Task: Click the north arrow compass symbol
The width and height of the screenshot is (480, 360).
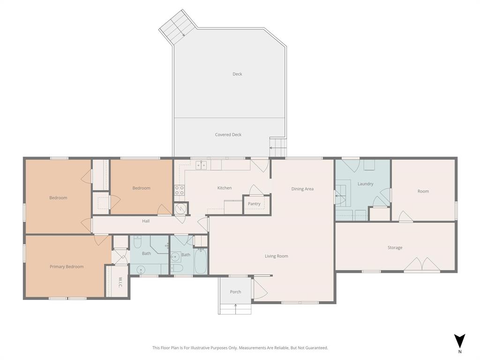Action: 460,341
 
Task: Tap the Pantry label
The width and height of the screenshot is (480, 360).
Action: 254,204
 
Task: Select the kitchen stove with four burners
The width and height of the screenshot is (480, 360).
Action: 180,190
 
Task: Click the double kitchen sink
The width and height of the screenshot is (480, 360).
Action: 201,165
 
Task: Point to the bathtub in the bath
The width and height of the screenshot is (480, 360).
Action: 201,262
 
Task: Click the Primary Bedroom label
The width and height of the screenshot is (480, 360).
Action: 67,267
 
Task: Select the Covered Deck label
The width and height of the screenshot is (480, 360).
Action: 228,135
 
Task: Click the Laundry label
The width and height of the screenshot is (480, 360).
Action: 365,184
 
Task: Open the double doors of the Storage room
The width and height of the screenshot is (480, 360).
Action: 422,264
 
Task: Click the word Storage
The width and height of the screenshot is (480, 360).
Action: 395,247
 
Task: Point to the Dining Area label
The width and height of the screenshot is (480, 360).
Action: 302,189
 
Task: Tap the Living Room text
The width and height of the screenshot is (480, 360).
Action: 276,256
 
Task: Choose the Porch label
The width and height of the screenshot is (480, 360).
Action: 235,292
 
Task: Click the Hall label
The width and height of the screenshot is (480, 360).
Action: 146,221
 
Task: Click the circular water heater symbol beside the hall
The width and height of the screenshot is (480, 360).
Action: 180,209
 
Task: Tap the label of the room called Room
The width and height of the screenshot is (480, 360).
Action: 423,191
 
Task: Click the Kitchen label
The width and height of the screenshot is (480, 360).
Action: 224,188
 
